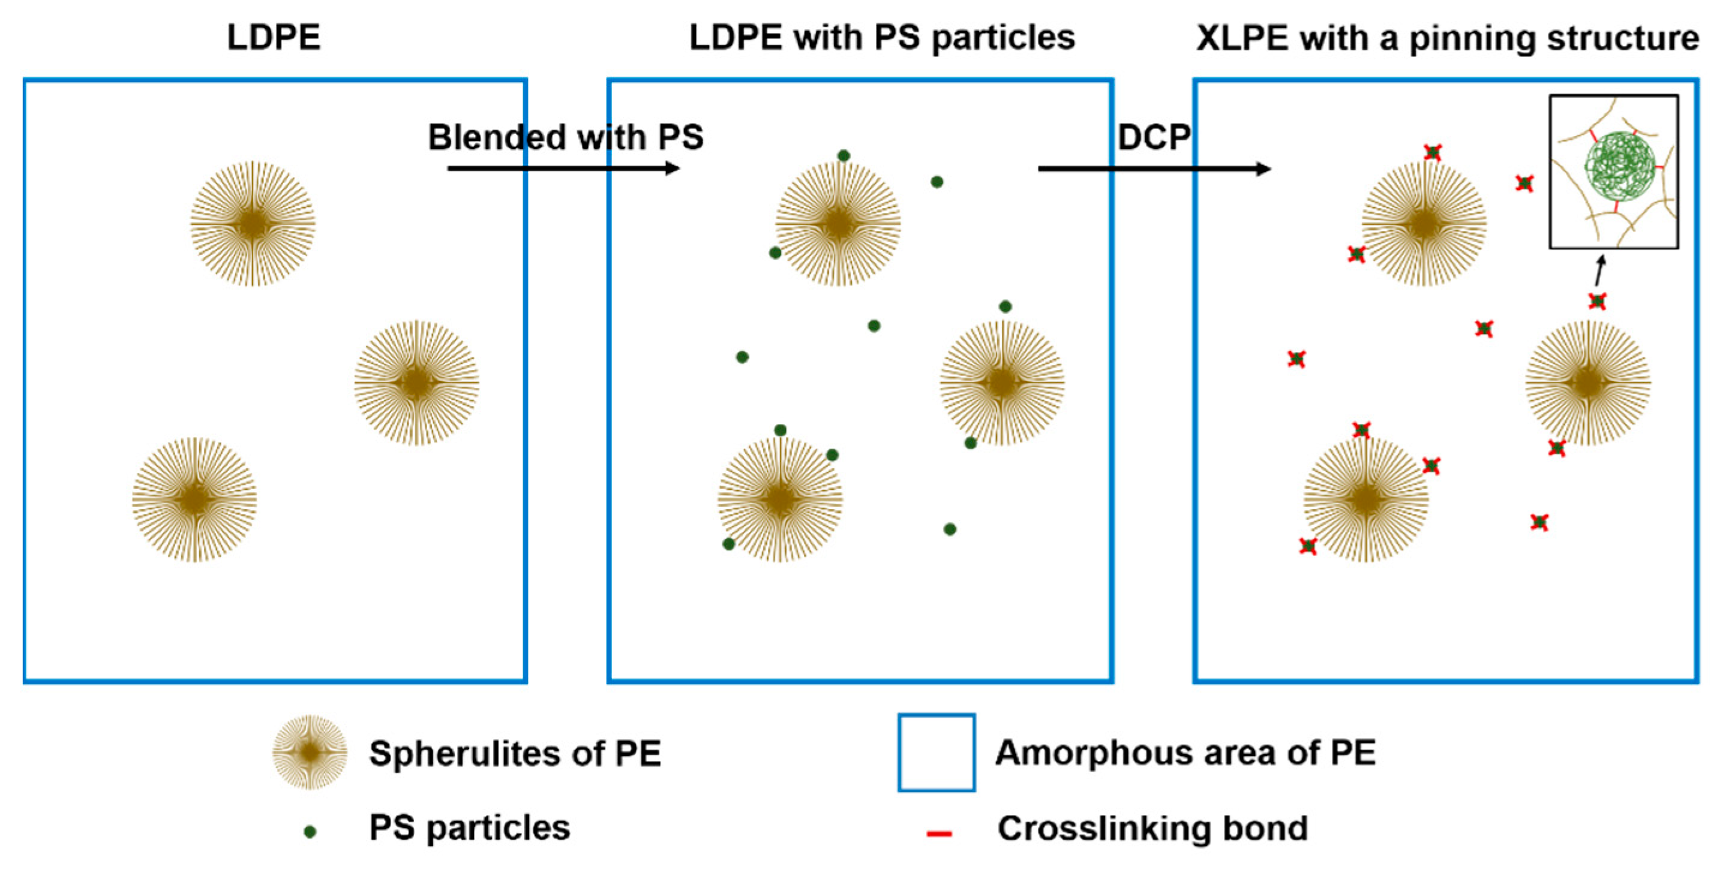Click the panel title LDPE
(274, 38)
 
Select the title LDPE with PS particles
(882, 38)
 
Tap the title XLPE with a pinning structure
(1447, 38)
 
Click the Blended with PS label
(566, 137)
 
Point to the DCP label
(1154, 137)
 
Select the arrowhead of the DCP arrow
(1263, 168)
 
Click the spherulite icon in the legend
(310, 752)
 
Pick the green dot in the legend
(310, 832)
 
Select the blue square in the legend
(936, 752)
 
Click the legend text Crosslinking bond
(1152, 829)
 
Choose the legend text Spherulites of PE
(515, 754)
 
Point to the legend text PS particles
(469, 828)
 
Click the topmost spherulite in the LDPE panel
(253, 224)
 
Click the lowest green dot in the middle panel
(729, 544)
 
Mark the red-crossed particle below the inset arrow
(1598, 302)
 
